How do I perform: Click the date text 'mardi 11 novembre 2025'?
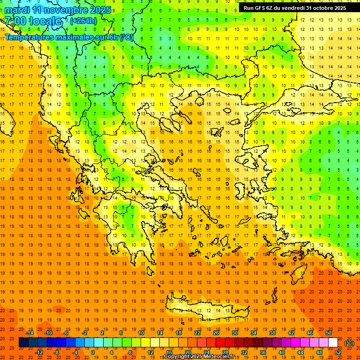(x=58, y=10)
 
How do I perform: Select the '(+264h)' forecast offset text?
(x=83, y=21)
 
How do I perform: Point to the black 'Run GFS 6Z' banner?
(x=295, y=8)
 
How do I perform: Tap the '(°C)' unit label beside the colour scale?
(x=349, y=343)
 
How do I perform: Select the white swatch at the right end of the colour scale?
(x=333, y=343)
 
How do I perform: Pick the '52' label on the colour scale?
(x=338, y=352)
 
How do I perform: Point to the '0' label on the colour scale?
(x=92, y=352)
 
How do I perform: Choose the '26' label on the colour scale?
(x=216, y=333)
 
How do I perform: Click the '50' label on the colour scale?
(x=328, y=333)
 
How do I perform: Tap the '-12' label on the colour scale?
(x=39, y=352)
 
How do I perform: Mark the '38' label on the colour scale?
(x=272, y=333)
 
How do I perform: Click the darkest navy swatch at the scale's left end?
(x=23, y=343)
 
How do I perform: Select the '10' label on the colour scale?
(x=141, y=333)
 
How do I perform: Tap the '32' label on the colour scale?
(x=244, y=352)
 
